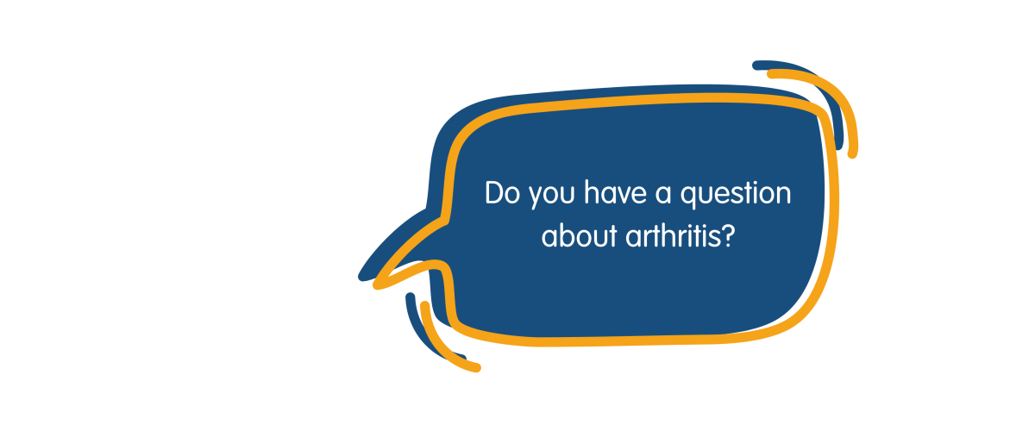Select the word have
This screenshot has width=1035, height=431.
[x=615, y=192]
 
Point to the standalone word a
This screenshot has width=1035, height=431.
[x=663, y=195]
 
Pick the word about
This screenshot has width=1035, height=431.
[x=579, y=235]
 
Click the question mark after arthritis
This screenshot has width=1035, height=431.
[x=728, y=235]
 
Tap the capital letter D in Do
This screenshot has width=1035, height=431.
[x=494, y=192]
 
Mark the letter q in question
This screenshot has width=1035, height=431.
[x=688, y=197]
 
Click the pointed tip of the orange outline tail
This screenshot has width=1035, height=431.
[x=376, y=285]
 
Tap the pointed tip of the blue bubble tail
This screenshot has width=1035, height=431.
[x=361, y=278]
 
